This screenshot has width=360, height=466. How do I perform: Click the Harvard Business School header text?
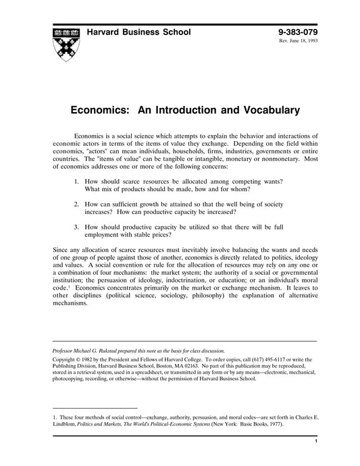[138, 32]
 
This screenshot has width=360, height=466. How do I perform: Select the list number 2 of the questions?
[77, 202]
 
